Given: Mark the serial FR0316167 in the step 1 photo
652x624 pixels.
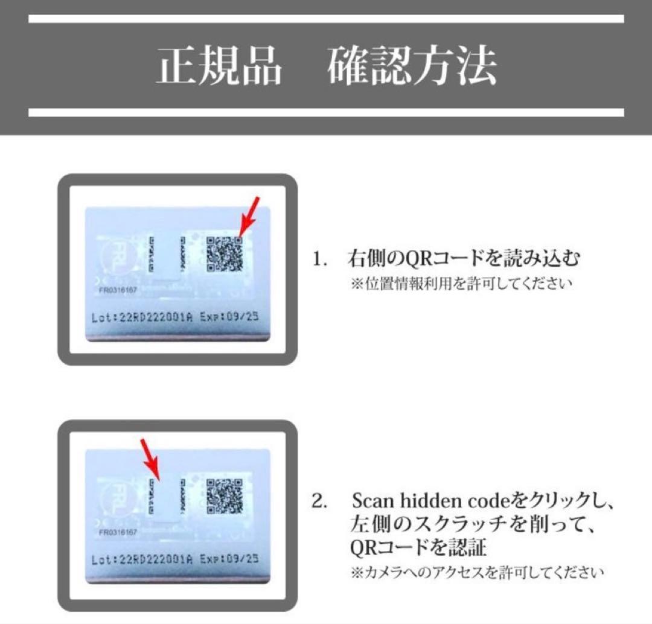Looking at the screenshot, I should pos(118,290).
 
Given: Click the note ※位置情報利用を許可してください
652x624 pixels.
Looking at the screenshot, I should pos(460,284).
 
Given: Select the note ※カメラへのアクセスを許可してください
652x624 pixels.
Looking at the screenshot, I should pos(477,571).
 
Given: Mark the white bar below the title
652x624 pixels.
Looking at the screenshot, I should pos(326,112).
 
